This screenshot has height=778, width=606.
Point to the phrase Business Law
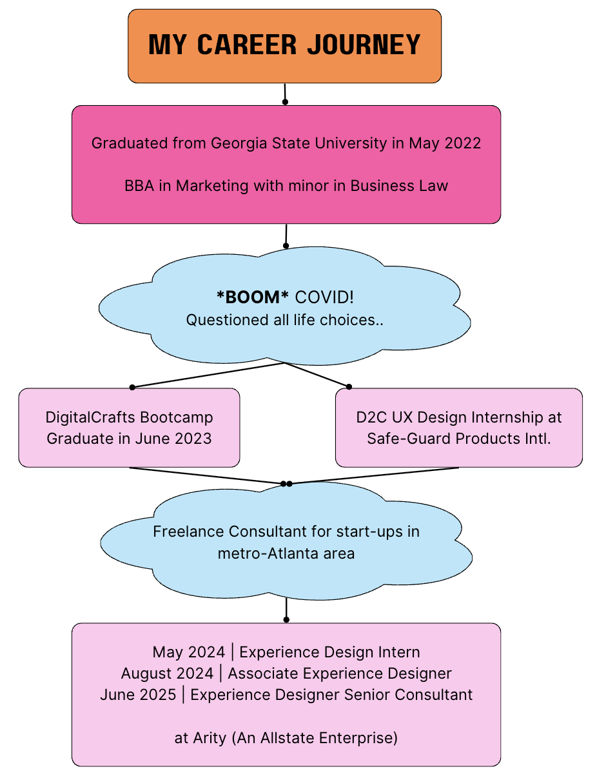[x=399, y=186]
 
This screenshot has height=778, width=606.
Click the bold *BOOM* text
[x=253, y=297]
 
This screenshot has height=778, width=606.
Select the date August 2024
[x=167, y=673]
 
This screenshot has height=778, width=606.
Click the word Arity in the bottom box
[x=210, y=738]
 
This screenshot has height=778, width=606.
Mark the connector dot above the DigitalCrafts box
[x=132, y=387]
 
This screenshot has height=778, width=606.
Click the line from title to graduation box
[x=284, y=93]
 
